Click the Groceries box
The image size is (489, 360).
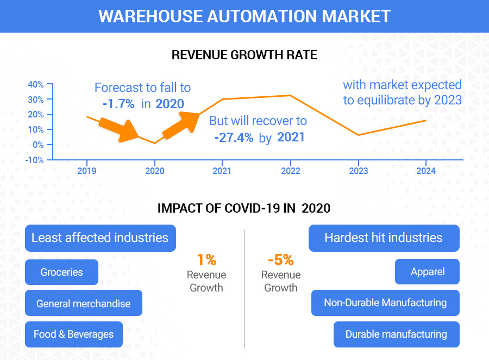61,272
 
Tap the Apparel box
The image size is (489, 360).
427,271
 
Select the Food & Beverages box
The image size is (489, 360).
74,334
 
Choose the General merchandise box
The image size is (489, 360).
84,303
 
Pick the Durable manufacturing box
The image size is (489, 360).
396,334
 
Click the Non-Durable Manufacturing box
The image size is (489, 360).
385,303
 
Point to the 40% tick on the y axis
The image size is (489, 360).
36,84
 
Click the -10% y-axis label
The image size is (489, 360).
35,160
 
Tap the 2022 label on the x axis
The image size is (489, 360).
290,171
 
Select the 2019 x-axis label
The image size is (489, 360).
87,171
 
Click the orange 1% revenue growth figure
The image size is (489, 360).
206,260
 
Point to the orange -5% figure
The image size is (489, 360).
281,260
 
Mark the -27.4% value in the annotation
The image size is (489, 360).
234,137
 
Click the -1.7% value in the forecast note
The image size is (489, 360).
118,104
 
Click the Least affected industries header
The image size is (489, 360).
100,238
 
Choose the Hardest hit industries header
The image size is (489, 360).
384,238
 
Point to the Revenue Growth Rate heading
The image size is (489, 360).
244,55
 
